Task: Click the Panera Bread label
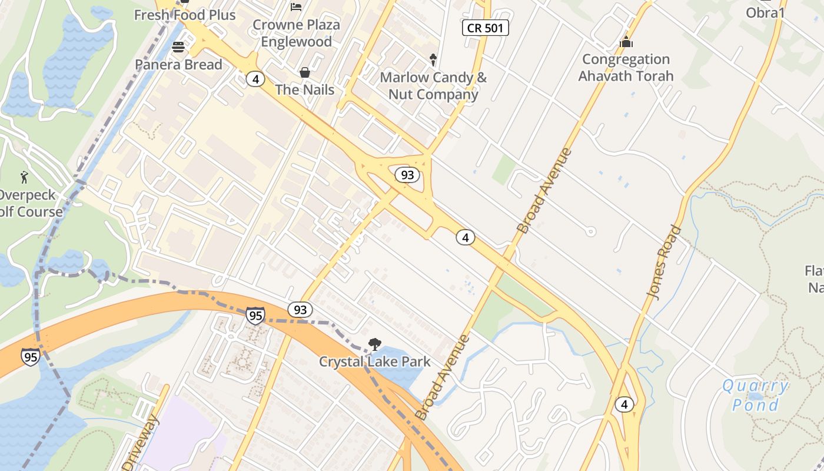(178, 65)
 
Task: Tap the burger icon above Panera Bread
(178, 47)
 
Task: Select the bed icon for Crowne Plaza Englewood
(296, 7)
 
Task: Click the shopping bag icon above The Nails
(305, 72)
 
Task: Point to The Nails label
(305, 90)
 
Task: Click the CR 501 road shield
(485, 28)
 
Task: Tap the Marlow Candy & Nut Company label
(433, 86)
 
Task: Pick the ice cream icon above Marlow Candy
(433, 59)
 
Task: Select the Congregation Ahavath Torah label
(626, 68)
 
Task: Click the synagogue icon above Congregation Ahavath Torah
(626, 42)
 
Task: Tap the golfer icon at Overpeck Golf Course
(24, 177)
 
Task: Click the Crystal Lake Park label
(375, 362)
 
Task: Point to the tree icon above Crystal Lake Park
(374, 344)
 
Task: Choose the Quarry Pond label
(756, 396)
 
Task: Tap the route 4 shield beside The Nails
(255, 79)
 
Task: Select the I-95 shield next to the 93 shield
(255, 316)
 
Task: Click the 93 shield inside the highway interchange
(407, 175)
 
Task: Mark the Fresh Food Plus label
(185, 15)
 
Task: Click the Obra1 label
(765, 12)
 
